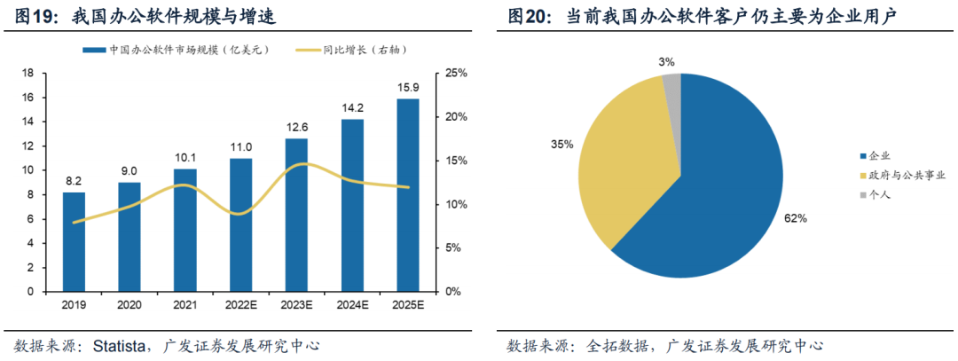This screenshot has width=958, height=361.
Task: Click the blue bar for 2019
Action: (75, 241)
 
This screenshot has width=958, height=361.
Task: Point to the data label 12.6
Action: (296, 126)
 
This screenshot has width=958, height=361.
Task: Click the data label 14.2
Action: (352, 106)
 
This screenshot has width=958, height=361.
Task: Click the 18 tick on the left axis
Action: (27, 73)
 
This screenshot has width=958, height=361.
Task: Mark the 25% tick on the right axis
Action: (455, 73)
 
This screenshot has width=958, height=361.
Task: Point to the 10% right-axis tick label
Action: (455, 204)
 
